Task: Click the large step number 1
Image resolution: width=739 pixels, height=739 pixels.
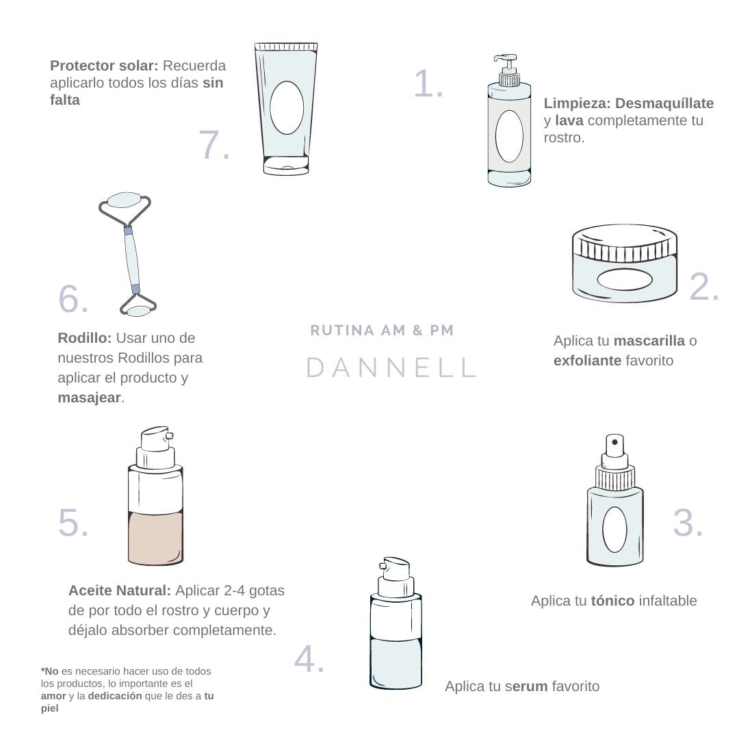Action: pos(428,84)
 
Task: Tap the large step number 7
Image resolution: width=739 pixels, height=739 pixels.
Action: pos(214,144)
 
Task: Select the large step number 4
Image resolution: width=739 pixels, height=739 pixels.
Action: pos(309,658)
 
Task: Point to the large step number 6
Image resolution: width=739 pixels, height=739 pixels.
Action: pos(73,298)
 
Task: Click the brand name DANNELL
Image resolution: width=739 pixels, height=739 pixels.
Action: pos(391,367)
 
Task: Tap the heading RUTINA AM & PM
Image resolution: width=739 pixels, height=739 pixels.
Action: pos(382,330)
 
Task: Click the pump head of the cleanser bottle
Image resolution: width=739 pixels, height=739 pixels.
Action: pos(506,63)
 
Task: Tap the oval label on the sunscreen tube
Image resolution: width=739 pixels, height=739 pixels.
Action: pos(287,107)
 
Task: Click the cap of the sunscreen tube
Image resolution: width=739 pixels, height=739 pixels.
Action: pos(286,165)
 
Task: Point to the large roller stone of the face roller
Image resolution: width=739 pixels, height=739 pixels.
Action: pos(125,200)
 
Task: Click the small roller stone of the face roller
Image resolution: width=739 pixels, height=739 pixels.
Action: pos(138,311)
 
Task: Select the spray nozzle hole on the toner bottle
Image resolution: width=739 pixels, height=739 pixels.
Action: pos(614,442)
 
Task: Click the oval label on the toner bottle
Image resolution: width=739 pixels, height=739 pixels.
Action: pos(614,529)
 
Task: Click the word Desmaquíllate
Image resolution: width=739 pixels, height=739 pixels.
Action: pos(664,103)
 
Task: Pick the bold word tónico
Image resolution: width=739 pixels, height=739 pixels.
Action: pos(612,601)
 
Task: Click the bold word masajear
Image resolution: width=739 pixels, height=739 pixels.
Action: pos(89,398)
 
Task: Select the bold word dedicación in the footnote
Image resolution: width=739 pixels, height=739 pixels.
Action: pos(114,696)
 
